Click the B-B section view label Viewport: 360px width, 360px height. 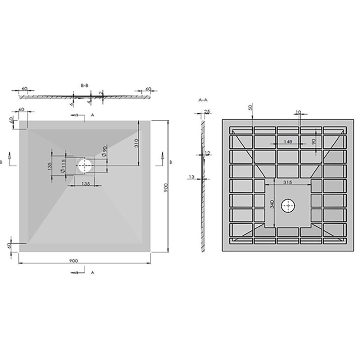click(x=85, y=85)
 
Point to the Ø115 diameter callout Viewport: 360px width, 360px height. click(x=63, y=166)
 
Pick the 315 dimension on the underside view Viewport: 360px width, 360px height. click(x=287, y=183)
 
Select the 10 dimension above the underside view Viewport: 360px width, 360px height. click(x=299, y=112)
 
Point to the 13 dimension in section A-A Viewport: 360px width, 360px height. click(x=191, y=177)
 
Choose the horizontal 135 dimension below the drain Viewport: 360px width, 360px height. click(x=85, y=184)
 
